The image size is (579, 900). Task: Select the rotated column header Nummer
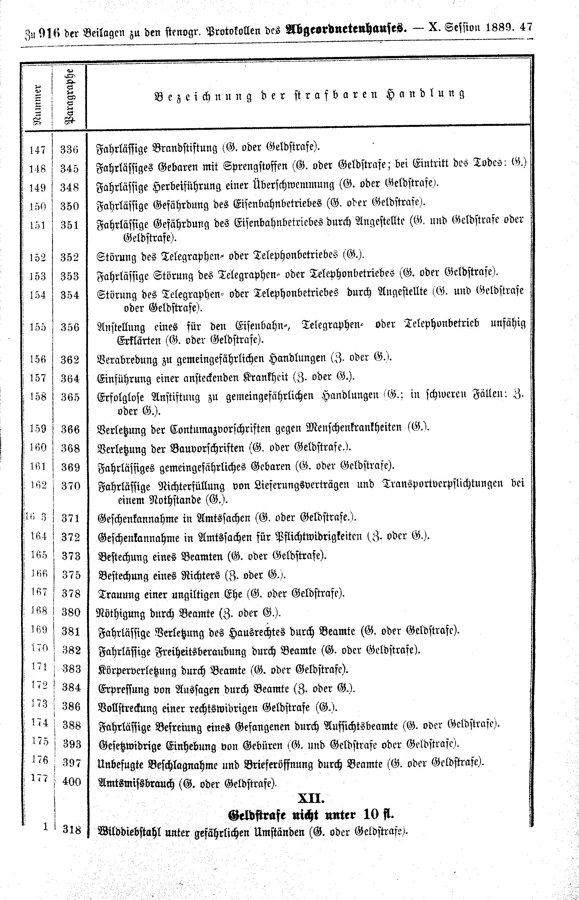pyautogui.click(x=38, y=104)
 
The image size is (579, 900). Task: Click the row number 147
pyautogui.click(x=38, y=150)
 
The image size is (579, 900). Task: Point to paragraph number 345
pyautogui.click(x=70, y=168)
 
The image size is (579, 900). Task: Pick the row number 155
pyautogui.click(x=38, y=327)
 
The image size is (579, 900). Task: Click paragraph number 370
pyautogui.click(x=71, y=486)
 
